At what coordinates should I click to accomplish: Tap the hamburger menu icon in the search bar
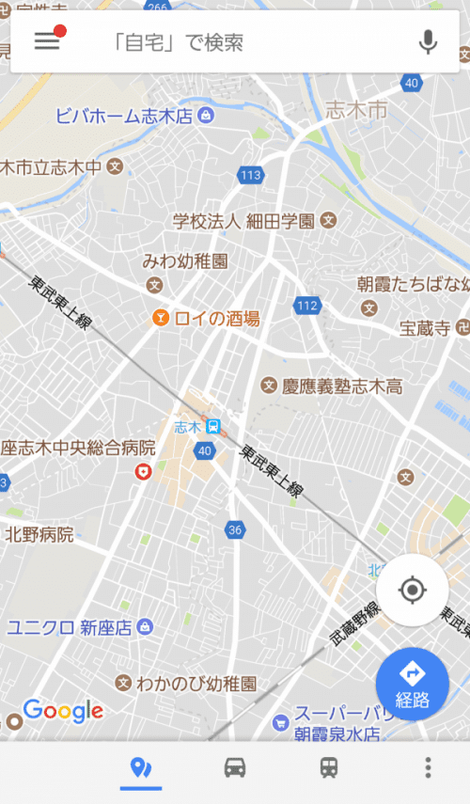pos(47,41)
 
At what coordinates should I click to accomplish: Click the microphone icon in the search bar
pos(429,42)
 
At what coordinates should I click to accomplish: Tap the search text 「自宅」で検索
pos(179,42)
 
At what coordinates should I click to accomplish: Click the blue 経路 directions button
pos(412,684)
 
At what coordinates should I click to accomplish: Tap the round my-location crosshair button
pos(412,590)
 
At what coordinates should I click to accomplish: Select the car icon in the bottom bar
pos(235,767)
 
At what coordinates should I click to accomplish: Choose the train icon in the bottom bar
pos(329,767)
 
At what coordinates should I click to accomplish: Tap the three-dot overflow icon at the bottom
pos(428,767)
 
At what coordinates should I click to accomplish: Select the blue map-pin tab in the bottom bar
pos(141,767)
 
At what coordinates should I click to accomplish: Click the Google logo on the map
pos(63,711)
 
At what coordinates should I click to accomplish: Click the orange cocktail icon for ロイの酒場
pos(160,318)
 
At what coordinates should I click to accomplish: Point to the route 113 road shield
pos(251,175)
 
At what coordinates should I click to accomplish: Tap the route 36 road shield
pos(235,530)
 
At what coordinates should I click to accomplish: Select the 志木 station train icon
pos(214,427)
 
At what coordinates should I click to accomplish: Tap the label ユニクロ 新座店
pos(70,627)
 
